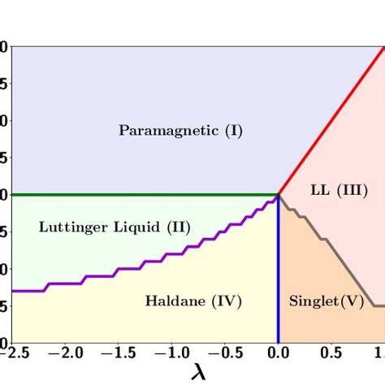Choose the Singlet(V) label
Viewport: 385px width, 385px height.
[x=315, y=301]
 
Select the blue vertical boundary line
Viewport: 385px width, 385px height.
[x=279, y=276]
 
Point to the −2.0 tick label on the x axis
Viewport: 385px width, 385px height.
[x=65, y=354]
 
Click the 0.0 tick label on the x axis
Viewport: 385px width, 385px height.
[x=279, y=354]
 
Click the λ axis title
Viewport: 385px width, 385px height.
[x=198, y=373]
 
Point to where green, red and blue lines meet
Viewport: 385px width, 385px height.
[x=279, y=195]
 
